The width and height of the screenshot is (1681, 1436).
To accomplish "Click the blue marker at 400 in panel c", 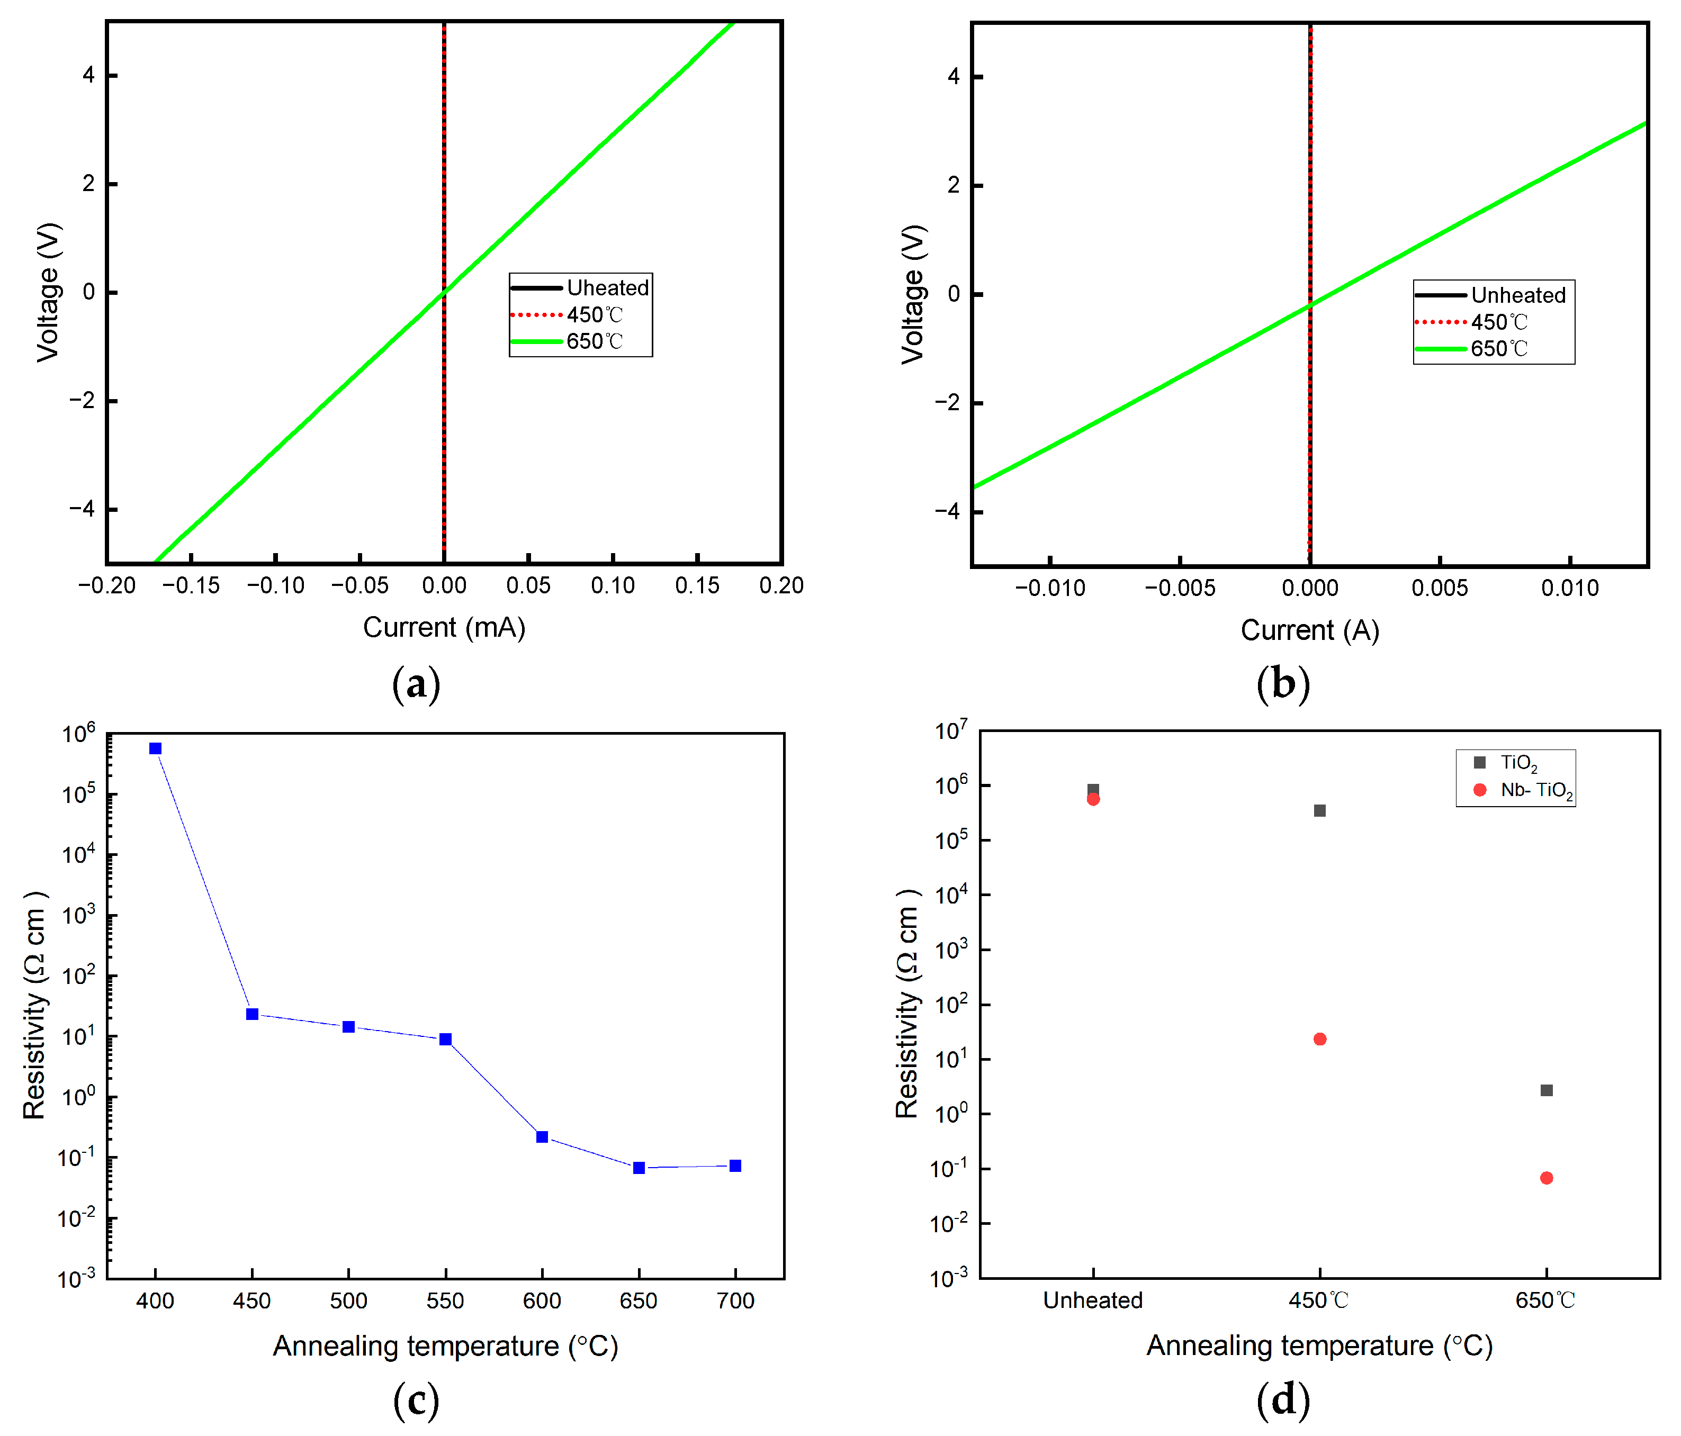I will coord(155,748).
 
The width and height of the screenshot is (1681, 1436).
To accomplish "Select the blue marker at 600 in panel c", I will coord(542,1136).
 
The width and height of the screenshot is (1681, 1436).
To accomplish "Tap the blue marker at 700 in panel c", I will coord(735,1166).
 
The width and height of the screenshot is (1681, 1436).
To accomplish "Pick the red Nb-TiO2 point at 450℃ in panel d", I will coord(1320,1039).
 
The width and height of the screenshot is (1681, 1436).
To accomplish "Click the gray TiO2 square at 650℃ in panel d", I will coord(1547,1090).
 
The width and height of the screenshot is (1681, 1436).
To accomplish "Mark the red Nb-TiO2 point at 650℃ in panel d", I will coord(1547,1178).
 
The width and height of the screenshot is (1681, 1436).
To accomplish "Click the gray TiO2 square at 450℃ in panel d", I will coord(1320,810).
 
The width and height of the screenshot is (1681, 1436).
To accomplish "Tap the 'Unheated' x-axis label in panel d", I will coord(1093,1300).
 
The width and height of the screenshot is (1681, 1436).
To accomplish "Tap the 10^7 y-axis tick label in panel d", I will coord(951,731).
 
